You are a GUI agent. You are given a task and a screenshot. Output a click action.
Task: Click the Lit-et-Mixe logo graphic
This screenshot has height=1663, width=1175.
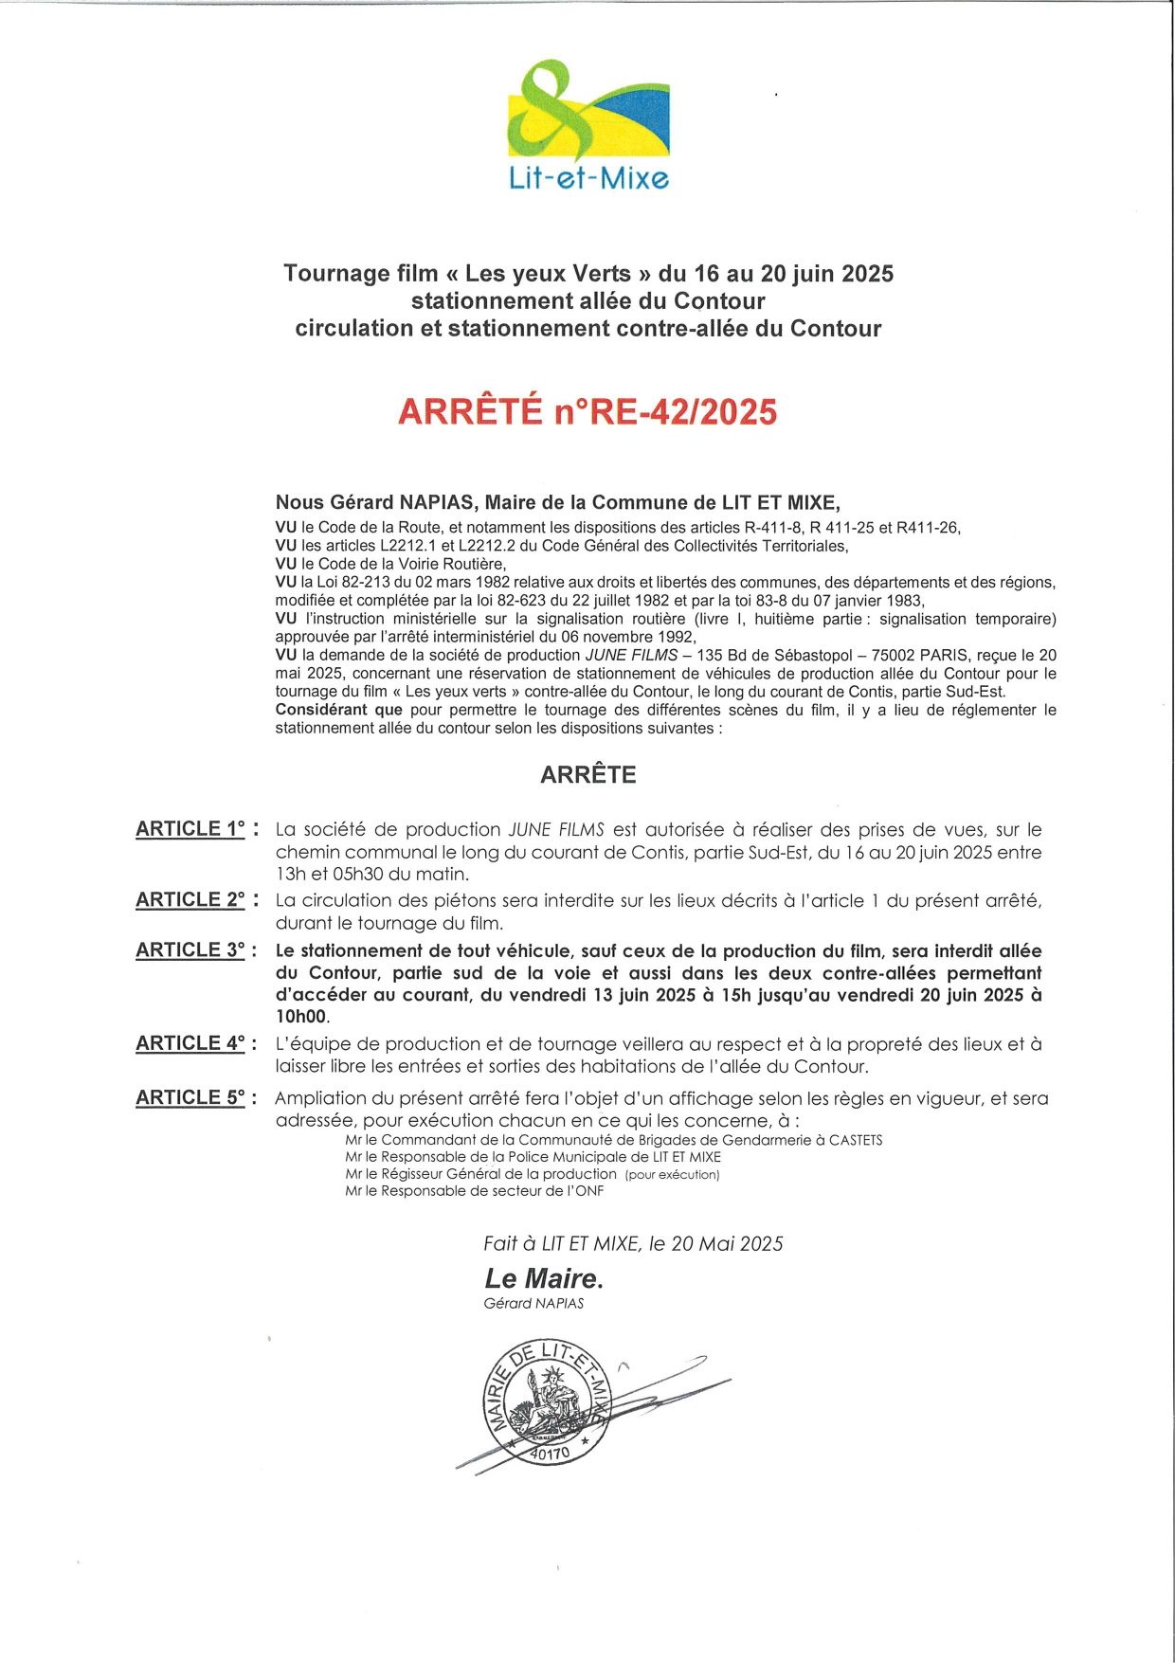coord(588,112)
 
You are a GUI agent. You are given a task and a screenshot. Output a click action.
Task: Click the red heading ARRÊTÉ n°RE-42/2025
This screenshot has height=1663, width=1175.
coord(587,412)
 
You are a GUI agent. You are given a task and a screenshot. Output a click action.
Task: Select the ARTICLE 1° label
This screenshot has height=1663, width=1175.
coord(190,829)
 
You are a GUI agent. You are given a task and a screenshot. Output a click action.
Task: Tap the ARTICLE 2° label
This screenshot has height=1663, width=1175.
coord(190,900)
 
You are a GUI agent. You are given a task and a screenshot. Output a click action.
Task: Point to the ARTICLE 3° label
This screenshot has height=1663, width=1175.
coord(190,950)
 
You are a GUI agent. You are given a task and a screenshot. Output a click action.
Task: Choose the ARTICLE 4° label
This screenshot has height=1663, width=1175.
coord(190,1043)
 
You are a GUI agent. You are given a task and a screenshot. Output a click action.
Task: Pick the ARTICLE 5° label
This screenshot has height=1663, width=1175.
coord(190,1098)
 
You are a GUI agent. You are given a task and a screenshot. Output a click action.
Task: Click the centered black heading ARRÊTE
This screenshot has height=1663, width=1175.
coord(587,775)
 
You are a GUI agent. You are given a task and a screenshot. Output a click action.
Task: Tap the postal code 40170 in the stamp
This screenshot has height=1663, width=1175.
coord(550,1453)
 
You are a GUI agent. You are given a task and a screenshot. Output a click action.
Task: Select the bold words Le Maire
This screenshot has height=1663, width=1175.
coord(544,1278)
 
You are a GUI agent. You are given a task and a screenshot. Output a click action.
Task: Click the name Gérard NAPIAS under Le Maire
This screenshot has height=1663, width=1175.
coord(533,1304)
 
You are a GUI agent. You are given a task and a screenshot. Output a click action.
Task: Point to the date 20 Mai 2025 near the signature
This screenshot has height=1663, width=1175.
coord(727,1244)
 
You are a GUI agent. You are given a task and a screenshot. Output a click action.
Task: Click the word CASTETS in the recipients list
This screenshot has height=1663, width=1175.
coord(856,1140)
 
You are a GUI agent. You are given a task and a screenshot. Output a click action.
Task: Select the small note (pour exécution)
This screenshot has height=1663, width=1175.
coord(672,1175)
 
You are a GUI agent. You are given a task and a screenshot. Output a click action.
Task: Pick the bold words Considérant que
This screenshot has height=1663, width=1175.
coord(338,710)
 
